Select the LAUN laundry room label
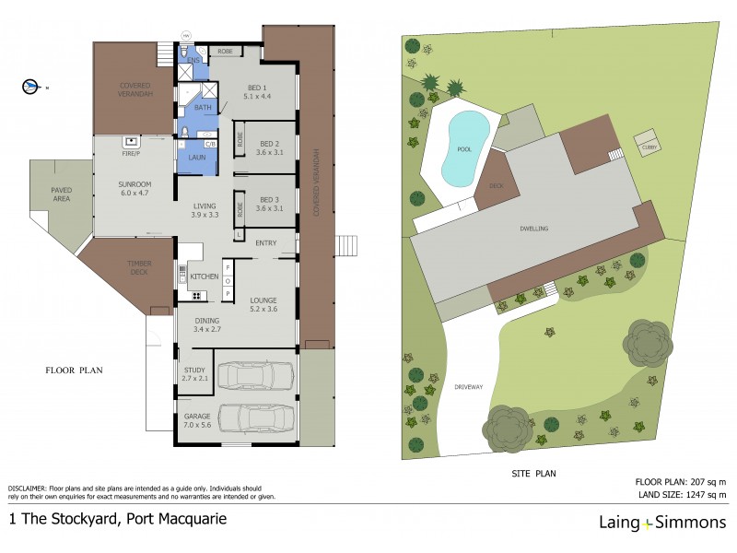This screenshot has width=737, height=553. tap(196, 158)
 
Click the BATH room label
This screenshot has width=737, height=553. tap(203, 107)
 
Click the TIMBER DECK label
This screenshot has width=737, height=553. tap(139, 267)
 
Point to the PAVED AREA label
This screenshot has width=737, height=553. tap(61, 194)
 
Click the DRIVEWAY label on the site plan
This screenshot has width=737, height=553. tap(469, 386)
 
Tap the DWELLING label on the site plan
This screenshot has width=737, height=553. tap(534, 228)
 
